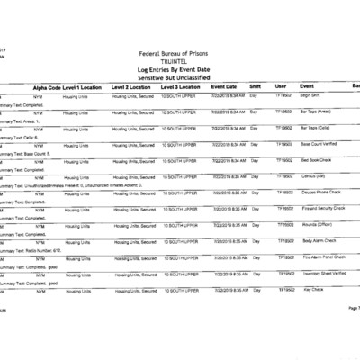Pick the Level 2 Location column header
coord(135,86)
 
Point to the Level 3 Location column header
coord(183,86)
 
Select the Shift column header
coord(255,86)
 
